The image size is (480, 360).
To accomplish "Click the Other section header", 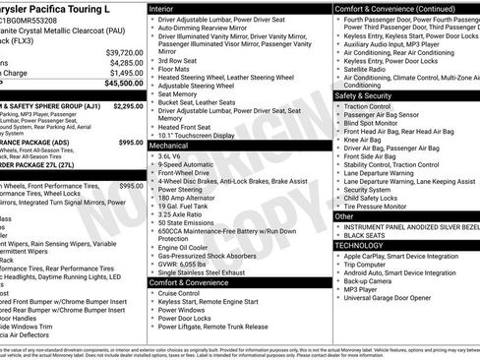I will [x=345, y=216].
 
